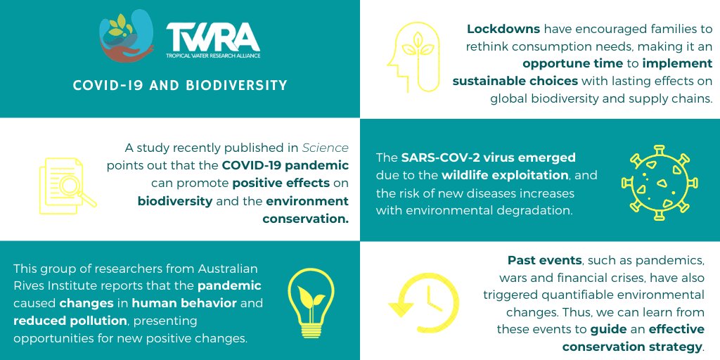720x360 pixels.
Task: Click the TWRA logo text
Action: point(212,36)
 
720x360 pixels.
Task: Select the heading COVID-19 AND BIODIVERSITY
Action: point(180,86)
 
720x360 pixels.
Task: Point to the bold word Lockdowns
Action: point(503,30)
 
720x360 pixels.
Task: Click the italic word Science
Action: point(325,148)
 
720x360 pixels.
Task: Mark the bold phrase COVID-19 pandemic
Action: point(285,165)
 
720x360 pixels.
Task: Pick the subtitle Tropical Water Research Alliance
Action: point(212,55)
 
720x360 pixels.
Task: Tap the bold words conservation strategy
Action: point(633,346)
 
